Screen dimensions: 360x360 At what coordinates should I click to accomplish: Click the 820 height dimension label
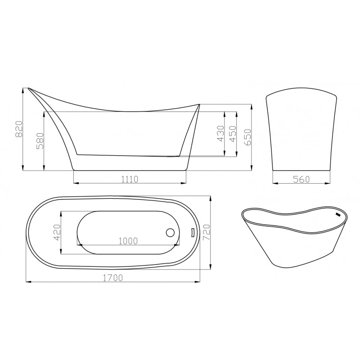pyautogui.click(x=19, y=129)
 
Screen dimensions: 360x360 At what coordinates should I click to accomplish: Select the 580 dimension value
pyautogui.click(x=40, y=141)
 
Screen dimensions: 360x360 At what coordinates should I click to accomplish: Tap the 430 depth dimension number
pyautogui.click(x=220, y=134)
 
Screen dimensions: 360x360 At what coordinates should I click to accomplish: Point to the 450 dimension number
pyautogui.click(x=233, y=134)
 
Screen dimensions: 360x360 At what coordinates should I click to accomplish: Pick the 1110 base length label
pyautogui.click(x=130, y=179)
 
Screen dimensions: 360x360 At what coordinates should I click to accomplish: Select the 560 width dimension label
pyautogui.click(x=301, y=179)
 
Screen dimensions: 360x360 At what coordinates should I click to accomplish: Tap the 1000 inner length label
pyautogui.click(x=128, y=241)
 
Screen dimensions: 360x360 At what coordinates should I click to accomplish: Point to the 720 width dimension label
pyautogui.click(x=207, y=232)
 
